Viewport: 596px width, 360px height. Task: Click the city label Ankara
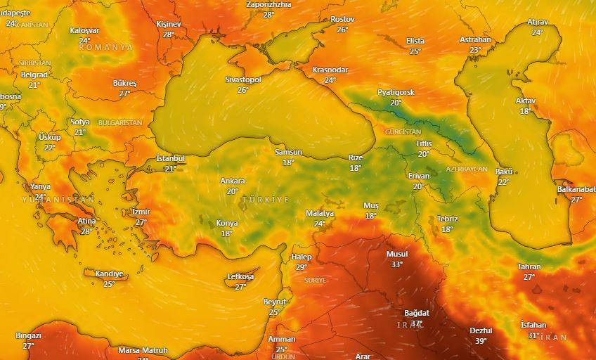pos(233,181)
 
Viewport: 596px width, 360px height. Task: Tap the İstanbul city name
pos(170,159)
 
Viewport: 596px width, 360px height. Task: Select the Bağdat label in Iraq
pos(417,313)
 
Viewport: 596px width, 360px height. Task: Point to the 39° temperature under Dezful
pos(481,341)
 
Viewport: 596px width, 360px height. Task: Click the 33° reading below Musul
pos(397,264)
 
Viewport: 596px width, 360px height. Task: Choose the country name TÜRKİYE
pos(266,200)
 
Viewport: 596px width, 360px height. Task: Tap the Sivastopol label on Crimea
pos(242,80)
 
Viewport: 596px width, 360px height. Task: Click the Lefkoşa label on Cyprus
pos(240,277)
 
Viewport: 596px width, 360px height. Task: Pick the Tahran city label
pos(529,267)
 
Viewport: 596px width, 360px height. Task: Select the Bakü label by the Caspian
pos(504,172)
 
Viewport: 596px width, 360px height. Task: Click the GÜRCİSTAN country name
pos(403,132)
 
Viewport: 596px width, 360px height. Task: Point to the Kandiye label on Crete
pos(109,274)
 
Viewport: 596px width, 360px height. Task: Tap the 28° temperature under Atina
pos(86,231)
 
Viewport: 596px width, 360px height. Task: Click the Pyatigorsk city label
pos(396,93)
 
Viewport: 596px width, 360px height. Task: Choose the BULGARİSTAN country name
pos(120,123)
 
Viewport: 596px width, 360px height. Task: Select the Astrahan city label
pos(475,40)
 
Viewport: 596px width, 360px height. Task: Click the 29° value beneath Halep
pos(302,267)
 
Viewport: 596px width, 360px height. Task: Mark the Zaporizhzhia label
pos(268,4)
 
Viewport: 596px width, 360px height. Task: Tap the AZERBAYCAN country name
pos(467,170)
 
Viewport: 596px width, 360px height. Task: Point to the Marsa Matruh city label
pos(143,350)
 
